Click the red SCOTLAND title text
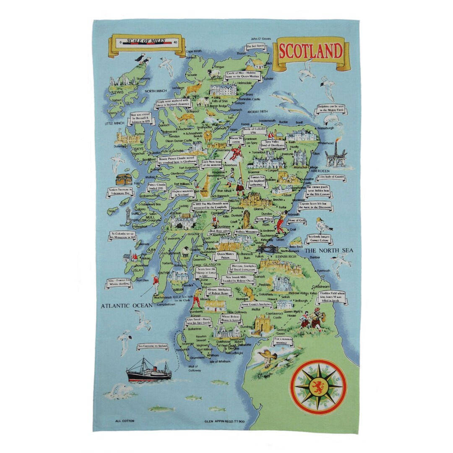pyautogui.click(x=311, y=51)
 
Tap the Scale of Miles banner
pyautogui.click(x=146, y=42)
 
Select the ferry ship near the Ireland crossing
pyautogui.click(x=149, y=371)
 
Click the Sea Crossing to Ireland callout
pyautogui.click(x=153, y=347)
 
